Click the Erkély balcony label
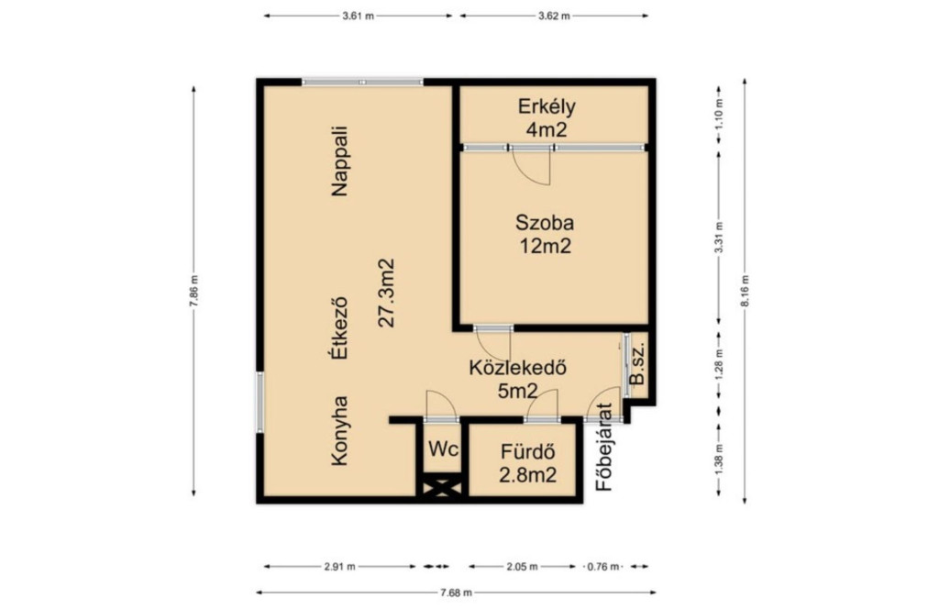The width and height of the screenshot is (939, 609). coord(547,106)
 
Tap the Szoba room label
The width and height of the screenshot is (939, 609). coord(545,222)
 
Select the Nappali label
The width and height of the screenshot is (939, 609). coord(339,161)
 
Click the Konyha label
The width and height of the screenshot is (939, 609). coord(339,430)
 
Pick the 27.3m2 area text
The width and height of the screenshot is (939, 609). coord(387,293)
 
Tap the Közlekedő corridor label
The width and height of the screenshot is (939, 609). coord(517,367)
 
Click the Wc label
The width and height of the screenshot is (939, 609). coord(443,449)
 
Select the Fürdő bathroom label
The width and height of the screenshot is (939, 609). coord(527,450)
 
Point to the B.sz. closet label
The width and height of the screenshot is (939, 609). coord(637,363)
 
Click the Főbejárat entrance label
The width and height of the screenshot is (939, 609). coord(605,448)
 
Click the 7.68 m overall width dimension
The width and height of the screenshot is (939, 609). coord(457,592)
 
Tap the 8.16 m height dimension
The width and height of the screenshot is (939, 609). coord(745,291)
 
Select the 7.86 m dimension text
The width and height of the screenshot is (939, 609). coord(194,291)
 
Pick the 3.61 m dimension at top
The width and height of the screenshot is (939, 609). coord(359,17)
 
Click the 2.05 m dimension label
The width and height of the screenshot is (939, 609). coord(522,567)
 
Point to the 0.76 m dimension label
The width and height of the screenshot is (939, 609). coord(603,567)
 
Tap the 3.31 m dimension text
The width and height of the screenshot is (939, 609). coord(719,238)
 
